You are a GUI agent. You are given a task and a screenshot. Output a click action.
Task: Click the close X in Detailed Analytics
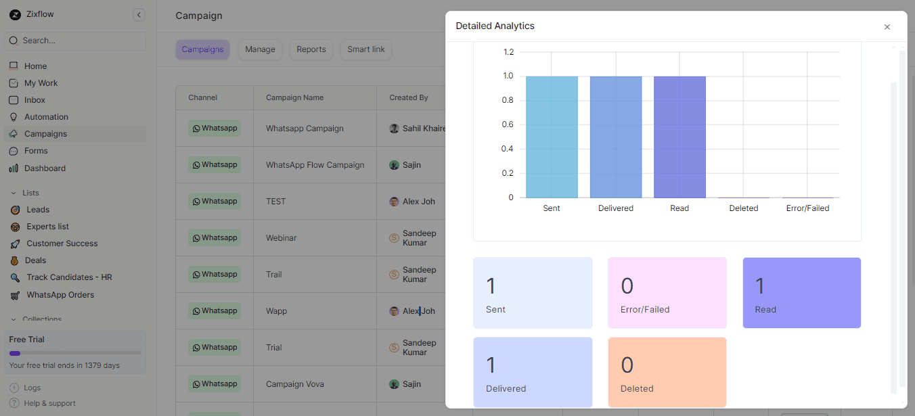pos(887,27)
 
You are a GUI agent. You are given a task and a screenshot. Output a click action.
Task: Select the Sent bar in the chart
pos(552,137)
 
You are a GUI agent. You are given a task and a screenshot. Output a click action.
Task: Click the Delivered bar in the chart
pos(616,137)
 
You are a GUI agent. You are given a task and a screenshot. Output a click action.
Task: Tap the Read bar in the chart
pos(679,137)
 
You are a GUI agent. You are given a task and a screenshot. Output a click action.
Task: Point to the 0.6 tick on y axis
pos(507,124)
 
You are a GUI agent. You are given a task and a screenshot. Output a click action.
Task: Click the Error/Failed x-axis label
pos(807,208)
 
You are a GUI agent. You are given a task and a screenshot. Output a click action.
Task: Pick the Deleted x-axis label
pos(743,208)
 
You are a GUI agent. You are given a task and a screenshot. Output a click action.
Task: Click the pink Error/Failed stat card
pos(667,293)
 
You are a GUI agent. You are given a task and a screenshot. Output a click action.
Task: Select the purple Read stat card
pos(801,293)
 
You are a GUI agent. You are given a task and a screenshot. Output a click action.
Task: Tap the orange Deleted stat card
pos(667,372)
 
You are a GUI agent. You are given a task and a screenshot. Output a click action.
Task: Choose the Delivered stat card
pos(533,372)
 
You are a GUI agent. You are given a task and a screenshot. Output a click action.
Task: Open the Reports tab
pos(311,49)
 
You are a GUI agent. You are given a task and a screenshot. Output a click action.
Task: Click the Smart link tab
pos(366,49)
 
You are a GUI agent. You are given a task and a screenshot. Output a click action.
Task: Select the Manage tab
pos(260,49)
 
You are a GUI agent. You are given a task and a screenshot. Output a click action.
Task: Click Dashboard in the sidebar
pos(45,168)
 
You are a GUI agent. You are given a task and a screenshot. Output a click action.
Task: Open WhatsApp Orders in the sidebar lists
pos(60,295)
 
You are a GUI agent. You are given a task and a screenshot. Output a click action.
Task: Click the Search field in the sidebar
pos(74,41)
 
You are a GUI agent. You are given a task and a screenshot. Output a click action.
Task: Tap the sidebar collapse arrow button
pos(139,15)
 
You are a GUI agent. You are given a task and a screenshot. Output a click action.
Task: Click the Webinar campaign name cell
pos(282,238)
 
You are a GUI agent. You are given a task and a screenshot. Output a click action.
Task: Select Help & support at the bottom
pos(49,403)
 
